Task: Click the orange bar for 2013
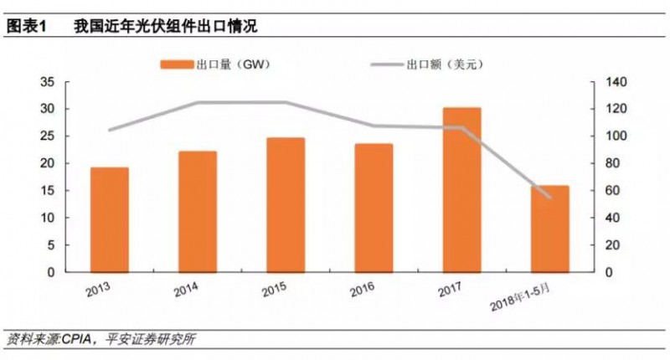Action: coord(109,219)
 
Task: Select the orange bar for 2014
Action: coord(198,212)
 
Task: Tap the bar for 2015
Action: coord(286,205)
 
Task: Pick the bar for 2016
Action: coord(374,208)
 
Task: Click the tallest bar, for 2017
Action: coord(461,190)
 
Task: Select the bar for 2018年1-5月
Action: coord(549,229)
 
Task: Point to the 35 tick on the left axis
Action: coord(47,82)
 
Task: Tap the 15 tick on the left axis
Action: coord(47,191)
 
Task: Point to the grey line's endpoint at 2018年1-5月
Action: coord(549,198)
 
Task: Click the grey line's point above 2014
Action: coord(198,103)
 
